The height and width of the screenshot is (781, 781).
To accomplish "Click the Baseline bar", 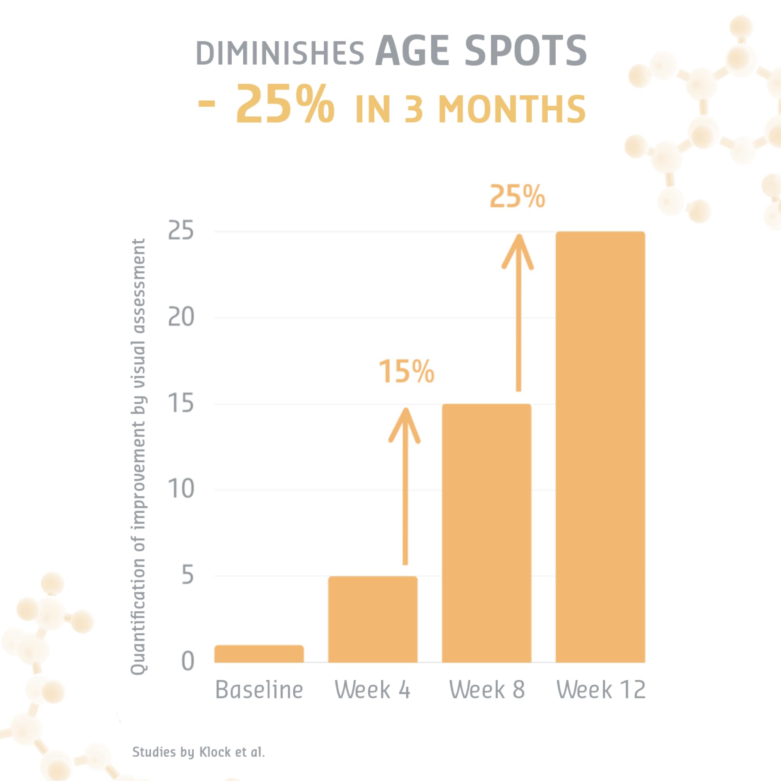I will (x=259, y=654).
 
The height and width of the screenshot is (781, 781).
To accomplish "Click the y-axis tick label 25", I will (x=180, y=231).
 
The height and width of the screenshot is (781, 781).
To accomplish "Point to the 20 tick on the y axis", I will (x=180, y=317).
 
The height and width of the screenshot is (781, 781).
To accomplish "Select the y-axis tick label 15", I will (x=180, y=403).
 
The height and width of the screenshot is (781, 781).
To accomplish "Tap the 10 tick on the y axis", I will (x=180, y=489).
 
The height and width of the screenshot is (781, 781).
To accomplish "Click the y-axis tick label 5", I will (x=187, y=575).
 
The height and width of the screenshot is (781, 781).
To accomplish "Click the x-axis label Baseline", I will (x=259, y=690).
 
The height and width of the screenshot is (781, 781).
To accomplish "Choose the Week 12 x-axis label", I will (x=601, y=690).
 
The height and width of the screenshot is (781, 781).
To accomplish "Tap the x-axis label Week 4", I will (x=372, y=690).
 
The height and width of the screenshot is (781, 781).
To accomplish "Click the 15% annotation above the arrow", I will (x=406, y=371).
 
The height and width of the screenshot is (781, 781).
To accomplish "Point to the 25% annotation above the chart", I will (x=517, y=197).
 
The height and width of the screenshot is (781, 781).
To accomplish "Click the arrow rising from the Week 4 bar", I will (x=405, y=485).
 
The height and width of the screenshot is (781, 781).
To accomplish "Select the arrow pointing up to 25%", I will (x=518, y=311).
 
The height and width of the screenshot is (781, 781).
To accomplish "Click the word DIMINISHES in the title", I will (x=280, y=53).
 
